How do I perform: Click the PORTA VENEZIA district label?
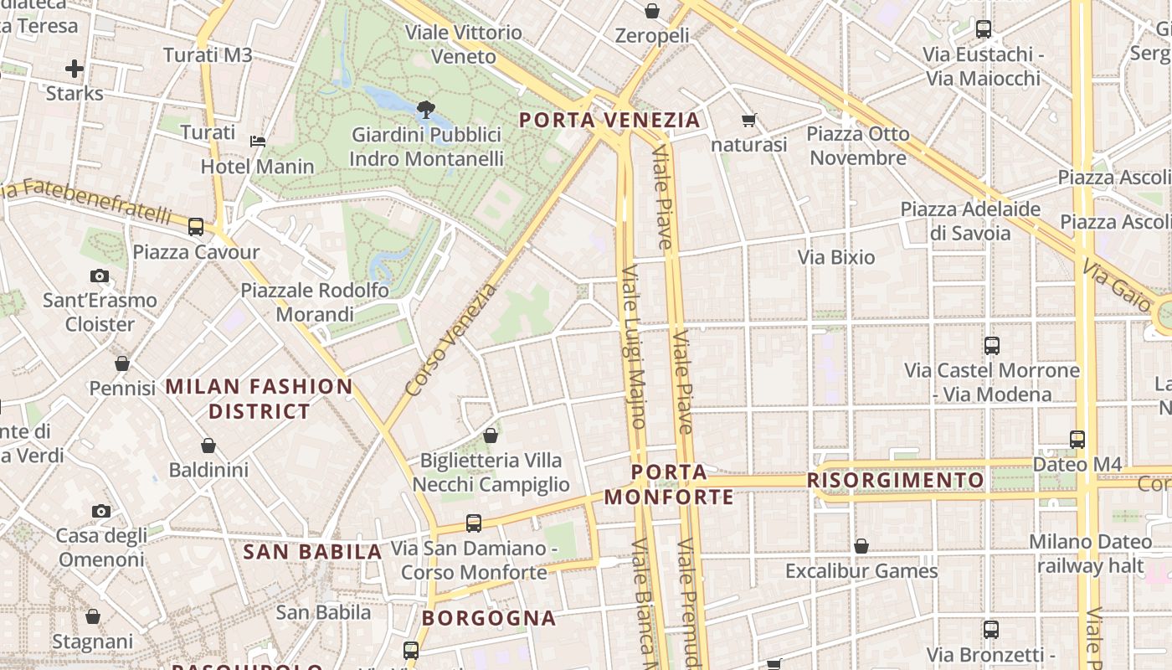[609, 120]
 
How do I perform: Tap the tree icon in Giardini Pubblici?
[426, 109]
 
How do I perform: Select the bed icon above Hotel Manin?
[258, 141]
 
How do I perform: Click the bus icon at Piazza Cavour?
[196, 226]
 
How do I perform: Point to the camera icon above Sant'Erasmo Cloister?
[100, 276]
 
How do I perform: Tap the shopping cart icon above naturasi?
[749, 121]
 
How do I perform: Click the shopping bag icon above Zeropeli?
[652, 11]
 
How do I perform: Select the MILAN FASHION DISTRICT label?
[260, 399]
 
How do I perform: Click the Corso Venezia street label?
[450, 340]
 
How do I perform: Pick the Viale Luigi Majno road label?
[633, 347]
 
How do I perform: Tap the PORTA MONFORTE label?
[669, 485]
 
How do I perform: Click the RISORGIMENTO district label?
[896, 480]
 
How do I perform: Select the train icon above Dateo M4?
[1077, 439]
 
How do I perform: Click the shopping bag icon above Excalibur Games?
[861, 546]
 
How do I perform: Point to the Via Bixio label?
[836, 257]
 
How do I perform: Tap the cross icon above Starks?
[75, 69]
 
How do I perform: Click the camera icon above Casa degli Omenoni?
[101, 511]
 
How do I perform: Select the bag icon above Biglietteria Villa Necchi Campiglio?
[491, 435]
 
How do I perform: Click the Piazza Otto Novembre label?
[858, 146]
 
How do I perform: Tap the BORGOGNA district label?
[489, 618]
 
